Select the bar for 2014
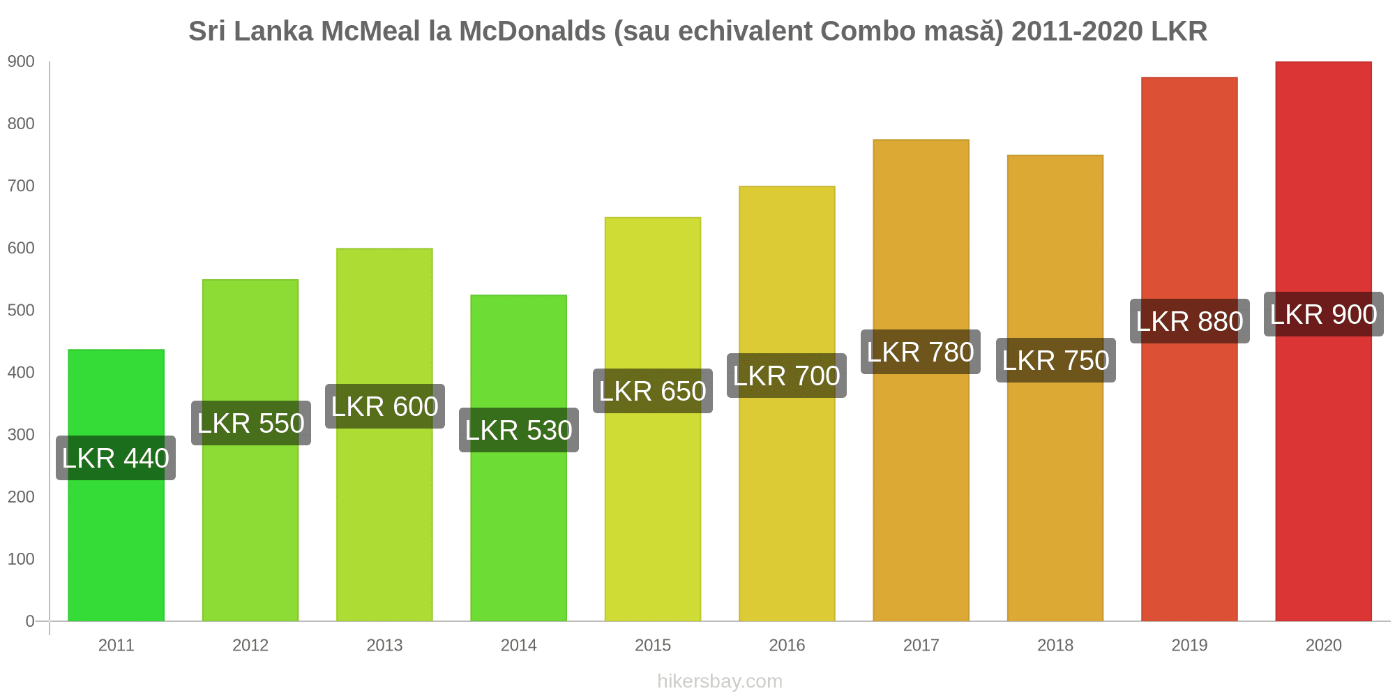click(518, 530)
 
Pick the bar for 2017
click(921, 489)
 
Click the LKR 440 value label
click(116, 458)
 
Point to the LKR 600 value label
click(384, 406)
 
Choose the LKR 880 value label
click(1189, 321)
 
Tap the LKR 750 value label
click(1055, 360)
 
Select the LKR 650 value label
click(653, 391)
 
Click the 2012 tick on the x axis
click(250, 645)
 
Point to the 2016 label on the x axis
click(787, 645)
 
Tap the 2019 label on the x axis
click(1189, 645)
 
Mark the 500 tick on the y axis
click(21, 310)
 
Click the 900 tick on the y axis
click(21, 61)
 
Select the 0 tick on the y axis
click(30, 621)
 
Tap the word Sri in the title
click(206, 31)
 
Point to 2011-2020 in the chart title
click(1077, 31)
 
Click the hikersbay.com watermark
click(720, 681)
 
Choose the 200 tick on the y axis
click(21, 496)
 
